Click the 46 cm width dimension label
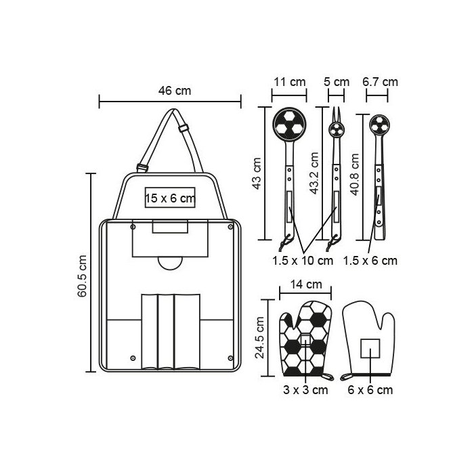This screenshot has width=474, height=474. [175, 90]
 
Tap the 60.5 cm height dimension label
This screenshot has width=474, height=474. [82, 276]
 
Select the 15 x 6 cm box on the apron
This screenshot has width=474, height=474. [170, 198]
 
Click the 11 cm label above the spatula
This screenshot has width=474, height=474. [290, 82]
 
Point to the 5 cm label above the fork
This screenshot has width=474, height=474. [337, 82]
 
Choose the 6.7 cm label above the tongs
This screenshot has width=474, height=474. [380, 82]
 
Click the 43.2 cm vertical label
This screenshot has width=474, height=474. [314, 173]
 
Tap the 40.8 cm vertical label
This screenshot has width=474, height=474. [355, 175]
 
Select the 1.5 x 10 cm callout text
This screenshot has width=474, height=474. [303, 261]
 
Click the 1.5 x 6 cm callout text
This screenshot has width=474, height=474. [370, 261]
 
